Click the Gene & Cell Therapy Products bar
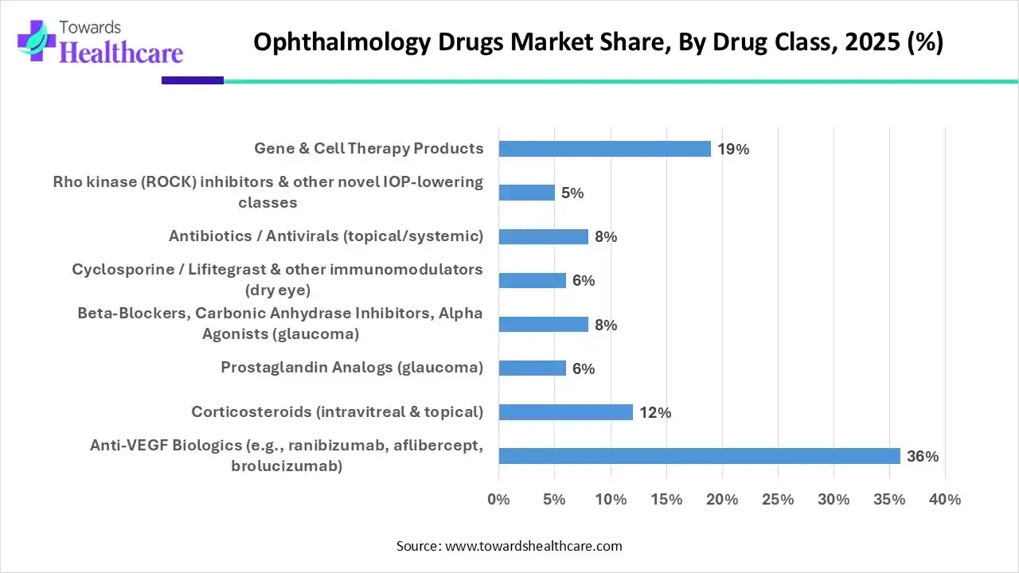pos(604,149)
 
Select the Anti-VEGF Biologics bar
pos(699,456)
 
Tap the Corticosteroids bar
pos(565,412)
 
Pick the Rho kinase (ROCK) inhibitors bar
pos(526,193)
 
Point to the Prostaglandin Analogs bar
pos(532,368)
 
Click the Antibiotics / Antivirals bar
pos(543,236)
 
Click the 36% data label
pos(923,457)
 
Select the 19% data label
pos(733,149)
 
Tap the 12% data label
pos(655,412)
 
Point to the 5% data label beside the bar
pos(572,193)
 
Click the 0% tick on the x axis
pos(498,500)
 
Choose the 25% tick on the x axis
pos(778,500)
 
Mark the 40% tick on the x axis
pos(945,500)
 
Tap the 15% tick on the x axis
pos(666,500)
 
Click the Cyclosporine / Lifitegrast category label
pos(277,279)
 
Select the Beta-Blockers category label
pos(280,323)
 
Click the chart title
pos(598,42)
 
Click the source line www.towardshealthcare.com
pos(509,546)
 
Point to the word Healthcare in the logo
pos(121,53)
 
